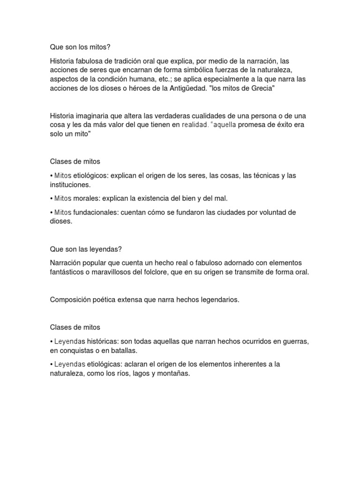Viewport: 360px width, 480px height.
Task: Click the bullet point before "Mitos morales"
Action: pos(51,199)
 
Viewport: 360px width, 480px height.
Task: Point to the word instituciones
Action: pos(70,185)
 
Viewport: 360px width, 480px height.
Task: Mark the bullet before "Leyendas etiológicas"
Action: pos(51,364)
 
